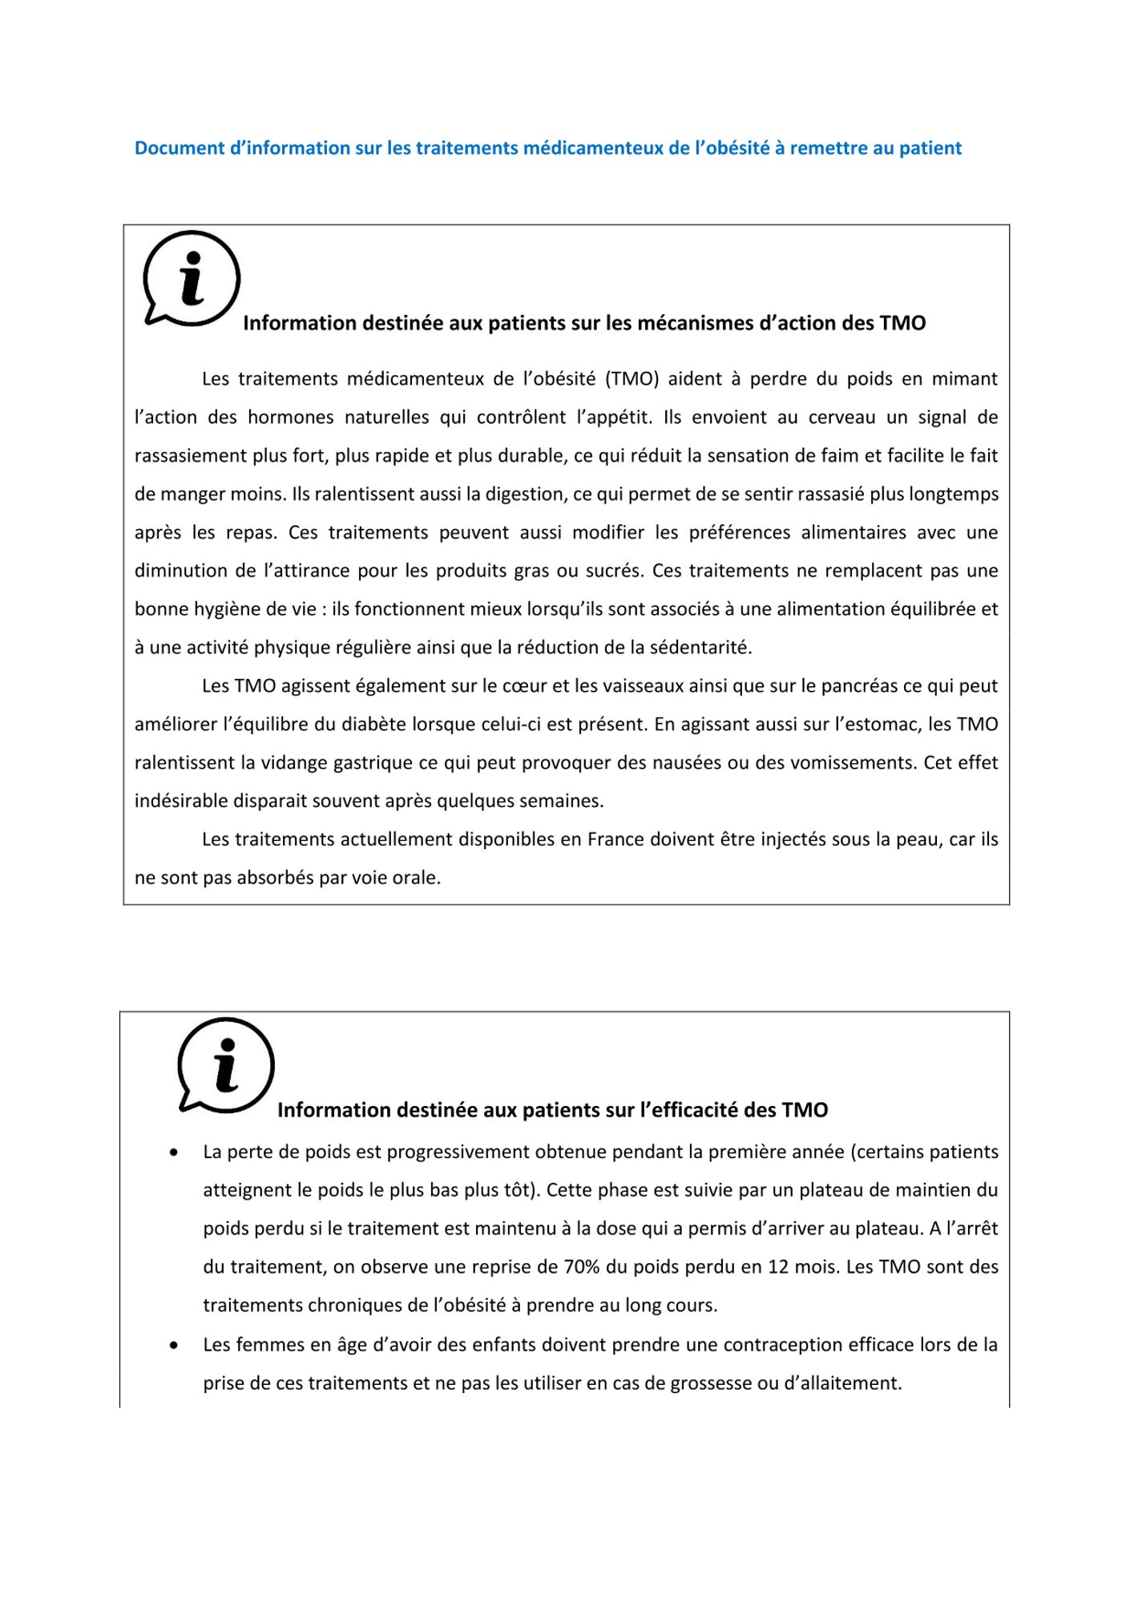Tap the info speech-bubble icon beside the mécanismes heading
(x=192, y=279)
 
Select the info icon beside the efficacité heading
(x=226, y=1066)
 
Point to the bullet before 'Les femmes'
(x=173, y=1346)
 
